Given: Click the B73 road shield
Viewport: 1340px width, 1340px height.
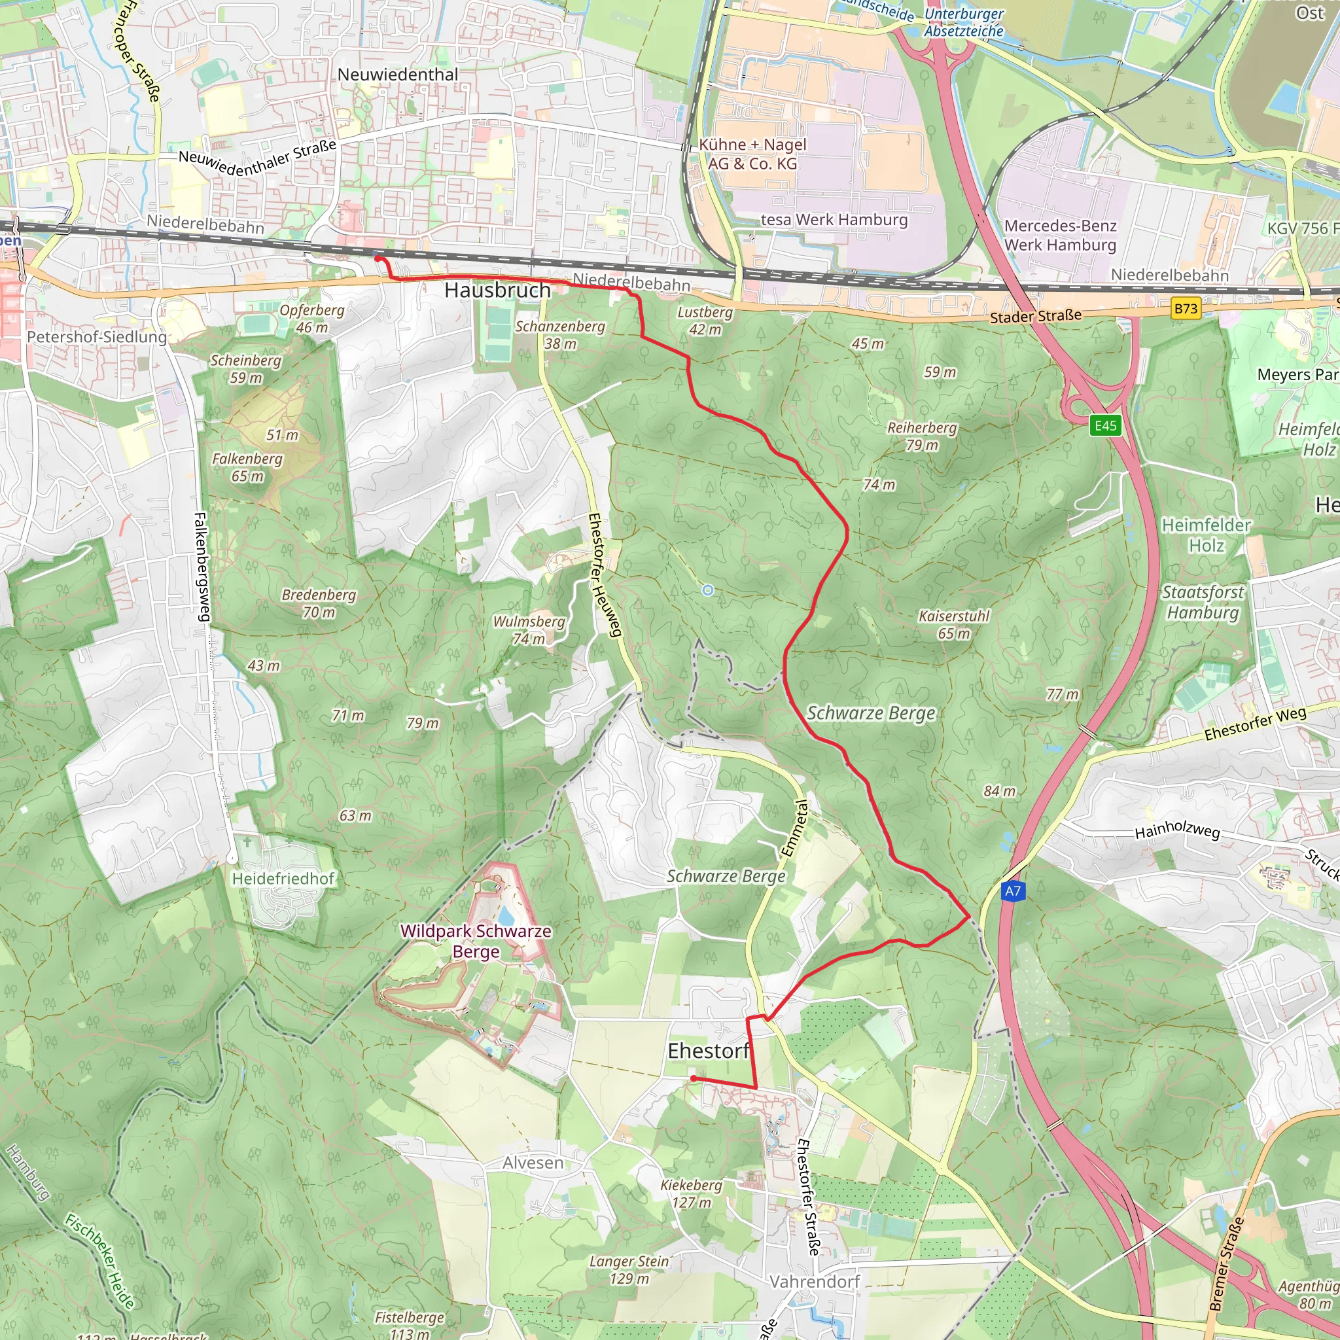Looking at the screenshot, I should coord(1186,308).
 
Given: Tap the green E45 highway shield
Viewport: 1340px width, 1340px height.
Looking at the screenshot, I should coord(1106,425).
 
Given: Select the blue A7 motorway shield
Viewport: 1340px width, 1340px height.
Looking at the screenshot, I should coord(1013,890).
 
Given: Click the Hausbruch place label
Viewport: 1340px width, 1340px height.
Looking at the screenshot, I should coord(497,290).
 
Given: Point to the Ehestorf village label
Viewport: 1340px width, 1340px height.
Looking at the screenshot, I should coord(708,1051).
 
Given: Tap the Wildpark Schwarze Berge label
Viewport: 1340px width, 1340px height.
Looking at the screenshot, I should coord(476,941).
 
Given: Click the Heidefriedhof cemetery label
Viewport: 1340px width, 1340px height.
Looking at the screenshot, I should coord(283,879).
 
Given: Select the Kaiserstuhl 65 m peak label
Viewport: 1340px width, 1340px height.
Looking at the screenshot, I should coord(954,624).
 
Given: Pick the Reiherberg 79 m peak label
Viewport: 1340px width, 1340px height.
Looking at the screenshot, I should coord(922,436).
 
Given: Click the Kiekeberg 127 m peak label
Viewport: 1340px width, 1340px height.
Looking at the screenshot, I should coord(692,1193).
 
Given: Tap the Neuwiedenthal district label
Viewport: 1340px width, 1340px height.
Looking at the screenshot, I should coord(397,74).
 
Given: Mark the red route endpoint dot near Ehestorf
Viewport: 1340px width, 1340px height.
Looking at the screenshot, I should coord(693,1078).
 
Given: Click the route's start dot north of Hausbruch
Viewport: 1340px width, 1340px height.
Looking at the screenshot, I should coord(378,258).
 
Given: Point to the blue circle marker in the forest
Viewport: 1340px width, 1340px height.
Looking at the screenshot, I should coord(707,590).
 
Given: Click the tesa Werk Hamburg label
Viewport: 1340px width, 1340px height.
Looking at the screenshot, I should coord(834,220).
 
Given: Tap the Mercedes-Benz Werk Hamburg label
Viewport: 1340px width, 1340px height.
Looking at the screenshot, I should coord(1060,235).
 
